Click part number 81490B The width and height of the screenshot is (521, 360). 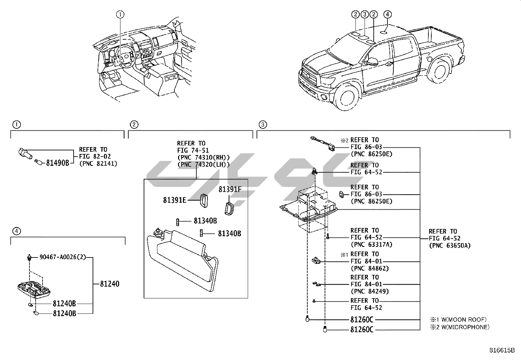pyautogui.click(x=57, y=162)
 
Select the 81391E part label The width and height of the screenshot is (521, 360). pyautogui.click(x=174, y=199)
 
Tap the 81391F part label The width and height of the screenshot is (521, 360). pyautogui.click(x=230, y=189)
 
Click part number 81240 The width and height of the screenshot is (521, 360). pyautogui.click(x=110, y=284)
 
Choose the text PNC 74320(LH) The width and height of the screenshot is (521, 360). pyautogui.click(x=203, y=164)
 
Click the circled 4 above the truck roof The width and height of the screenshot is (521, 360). pyautogui.click(x=387, y=14)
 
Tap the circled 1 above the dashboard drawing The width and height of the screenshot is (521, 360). pyautogui.click(x=120, y=14)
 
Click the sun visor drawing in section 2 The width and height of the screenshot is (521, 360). pyautogui.click(x=183, y=259)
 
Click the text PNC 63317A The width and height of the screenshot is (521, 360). pyautogui.click(x=371, y=245)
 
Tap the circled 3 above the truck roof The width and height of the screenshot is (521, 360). pyautogui.click(x=365, y=14)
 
